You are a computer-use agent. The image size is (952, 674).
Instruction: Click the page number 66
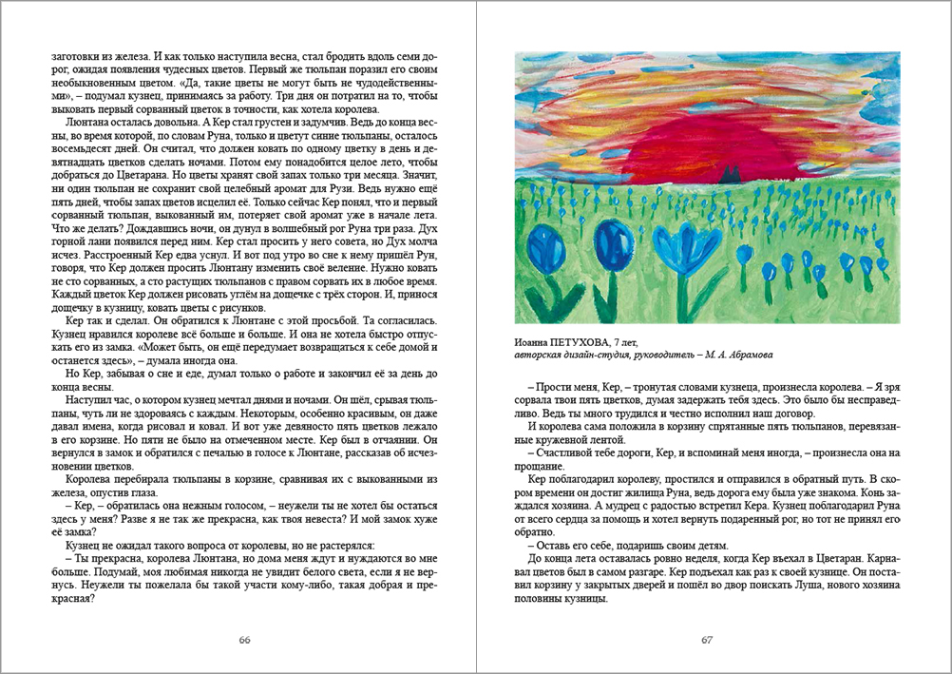click(244, 640)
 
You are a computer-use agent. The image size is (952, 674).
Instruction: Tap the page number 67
click(707, 640)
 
